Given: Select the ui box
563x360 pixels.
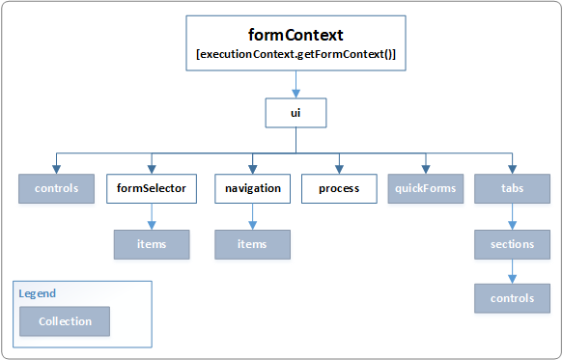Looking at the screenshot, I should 296,113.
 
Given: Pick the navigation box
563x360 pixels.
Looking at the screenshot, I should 252,188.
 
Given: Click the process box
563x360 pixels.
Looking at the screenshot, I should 338,188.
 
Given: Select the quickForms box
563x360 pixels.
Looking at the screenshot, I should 425,188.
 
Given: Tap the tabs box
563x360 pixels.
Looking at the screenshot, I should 512,188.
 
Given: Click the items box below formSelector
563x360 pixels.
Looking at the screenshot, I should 151,244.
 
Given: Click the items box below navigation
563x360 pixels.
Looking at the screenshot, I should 252,244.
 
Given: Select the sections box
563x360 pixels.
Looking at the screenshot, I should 512,244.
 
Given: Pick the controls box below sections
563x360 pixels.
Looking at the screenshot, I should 512,298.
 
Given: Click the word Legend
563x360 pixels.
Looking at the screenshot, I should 37,293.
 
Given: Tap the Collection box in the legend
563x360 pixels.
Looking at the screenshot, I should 66,321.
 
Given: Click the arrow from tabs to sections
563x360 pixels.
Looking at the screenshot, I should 512,216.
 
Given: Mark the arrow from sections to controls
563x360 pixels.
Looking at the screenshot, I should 512,271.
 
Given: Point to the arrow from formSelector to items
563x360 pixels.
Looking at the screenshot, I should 151,216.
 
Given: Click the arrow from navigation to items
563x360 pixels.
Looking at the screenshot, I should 252,216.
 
